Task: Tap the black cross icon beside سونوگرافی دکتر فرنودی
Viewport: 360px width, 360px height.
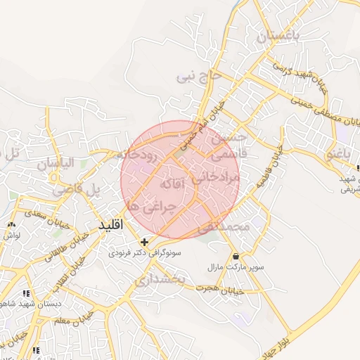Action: (145, 242)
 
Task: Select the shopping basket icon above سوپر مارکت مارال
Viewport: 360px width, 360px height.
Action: (235, 256)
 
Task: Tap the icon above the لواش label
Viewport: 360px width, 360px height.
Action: (11, 224)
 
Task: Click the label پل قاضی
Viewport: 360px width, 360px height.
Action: (86, 188)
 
